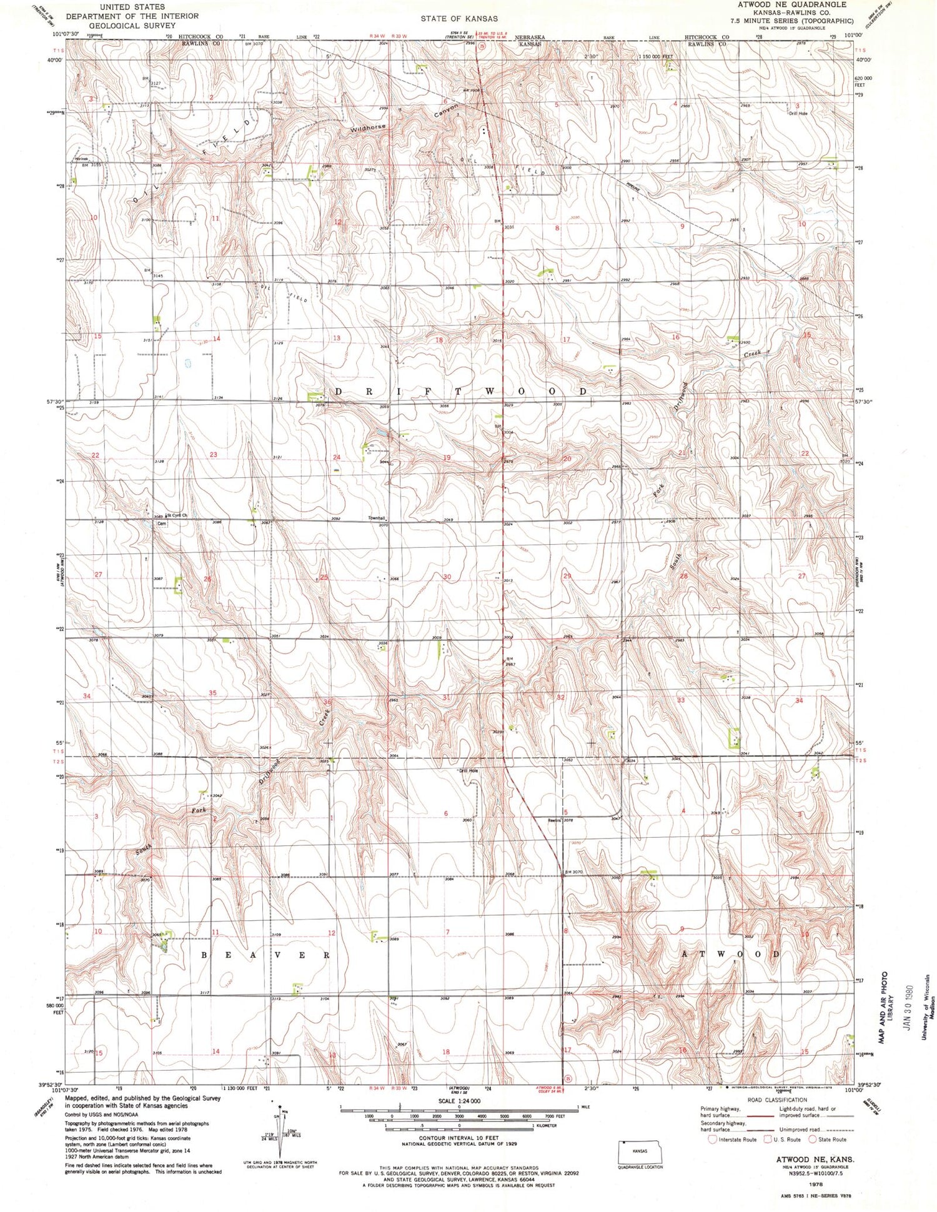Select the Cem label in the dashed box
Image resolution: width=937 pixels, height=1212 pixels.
click(x=162, y=524)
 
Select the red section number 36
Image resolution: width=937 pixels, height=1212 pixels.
click(x=327, y=702)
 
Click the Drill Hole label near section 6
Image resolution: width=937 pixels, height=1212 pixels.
click(x=469, y=771)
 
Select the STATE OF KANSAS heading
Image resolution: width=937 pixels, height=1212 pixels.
click(x=459, y=19)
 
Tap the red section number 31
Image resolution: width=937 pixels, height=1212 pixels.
click(x=446, y=697)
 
